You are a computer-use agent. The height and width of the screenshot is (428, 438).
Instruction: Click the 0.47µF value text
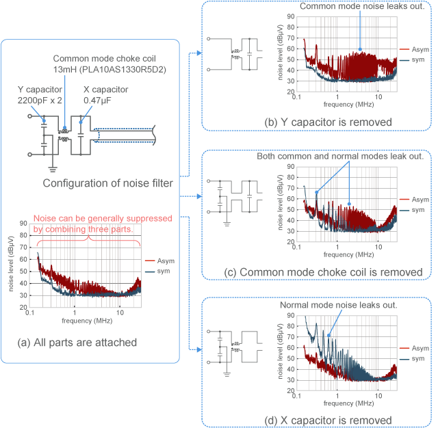click(x=99, y=101)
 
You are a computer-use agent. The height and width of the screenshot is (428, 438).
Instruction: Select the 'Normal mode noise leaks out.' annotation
click(x=339, y=304)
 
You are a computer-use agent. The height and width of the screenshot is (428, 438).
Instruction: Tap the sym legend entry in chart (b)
click(x=413, y=60)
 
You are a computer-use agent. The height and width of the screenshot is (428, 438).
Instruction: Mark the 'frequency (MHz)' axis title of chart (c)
click(x=337, y=254)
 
